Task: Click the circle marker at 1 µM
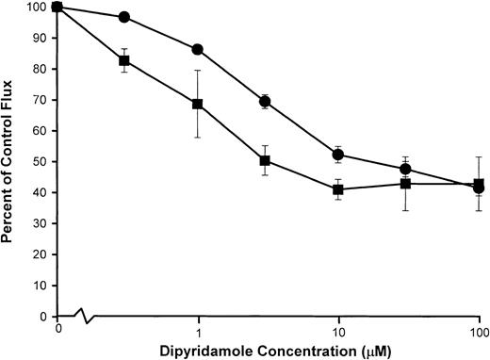tap(198, 49)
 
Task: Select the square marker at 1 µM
tap(198, 104)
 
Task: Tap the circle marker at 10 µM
tap(338, 155)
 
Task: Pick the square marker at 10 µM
tap(338, 189)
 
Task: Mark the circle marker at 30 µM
tap(405, 170)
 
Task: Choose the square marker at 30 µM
tap(405, 183)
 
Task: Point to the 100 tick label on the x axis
tap(479, 332)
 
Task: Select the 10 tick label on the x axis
tap(338, 332)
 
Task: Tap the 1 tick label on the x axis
tap(198, 332)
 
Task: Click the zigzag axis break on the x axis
tap(85, 317)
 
